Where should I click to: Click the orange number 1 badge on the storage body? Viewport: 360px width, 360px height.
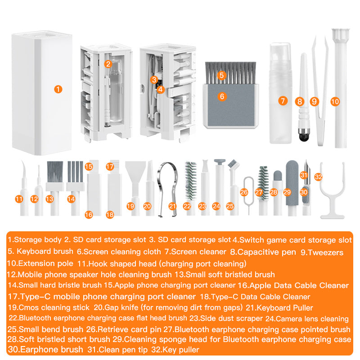click(58, 89)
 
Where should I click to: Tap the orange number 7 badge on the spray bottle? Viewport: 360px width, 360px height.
click(282, 101)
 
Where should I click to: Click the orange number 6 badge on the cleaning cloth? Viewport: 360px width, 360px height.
click(221, 96)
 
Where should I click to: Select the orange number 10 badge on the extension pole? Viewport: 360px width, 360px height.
click(334, 101)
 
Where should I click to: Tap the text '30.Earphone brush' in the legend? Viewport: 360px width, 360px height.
click(45, 350)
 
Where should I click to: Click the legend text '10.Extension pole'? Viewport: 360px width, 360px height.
click(40, 264)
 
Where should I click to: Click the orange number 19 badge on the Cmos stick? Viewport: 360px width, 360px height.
click(130, 206)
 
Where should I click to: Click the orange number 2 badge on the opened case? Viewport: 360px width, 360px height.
click(108, 64)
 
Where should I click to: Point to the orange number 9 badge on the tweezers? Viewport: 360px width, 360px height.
click(314, 102)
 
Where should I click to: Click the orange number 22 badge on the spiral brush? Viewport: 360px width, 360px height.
click(187, 206)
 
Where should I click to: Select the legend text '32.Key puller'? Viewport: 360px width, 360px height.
click(174, 350)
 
